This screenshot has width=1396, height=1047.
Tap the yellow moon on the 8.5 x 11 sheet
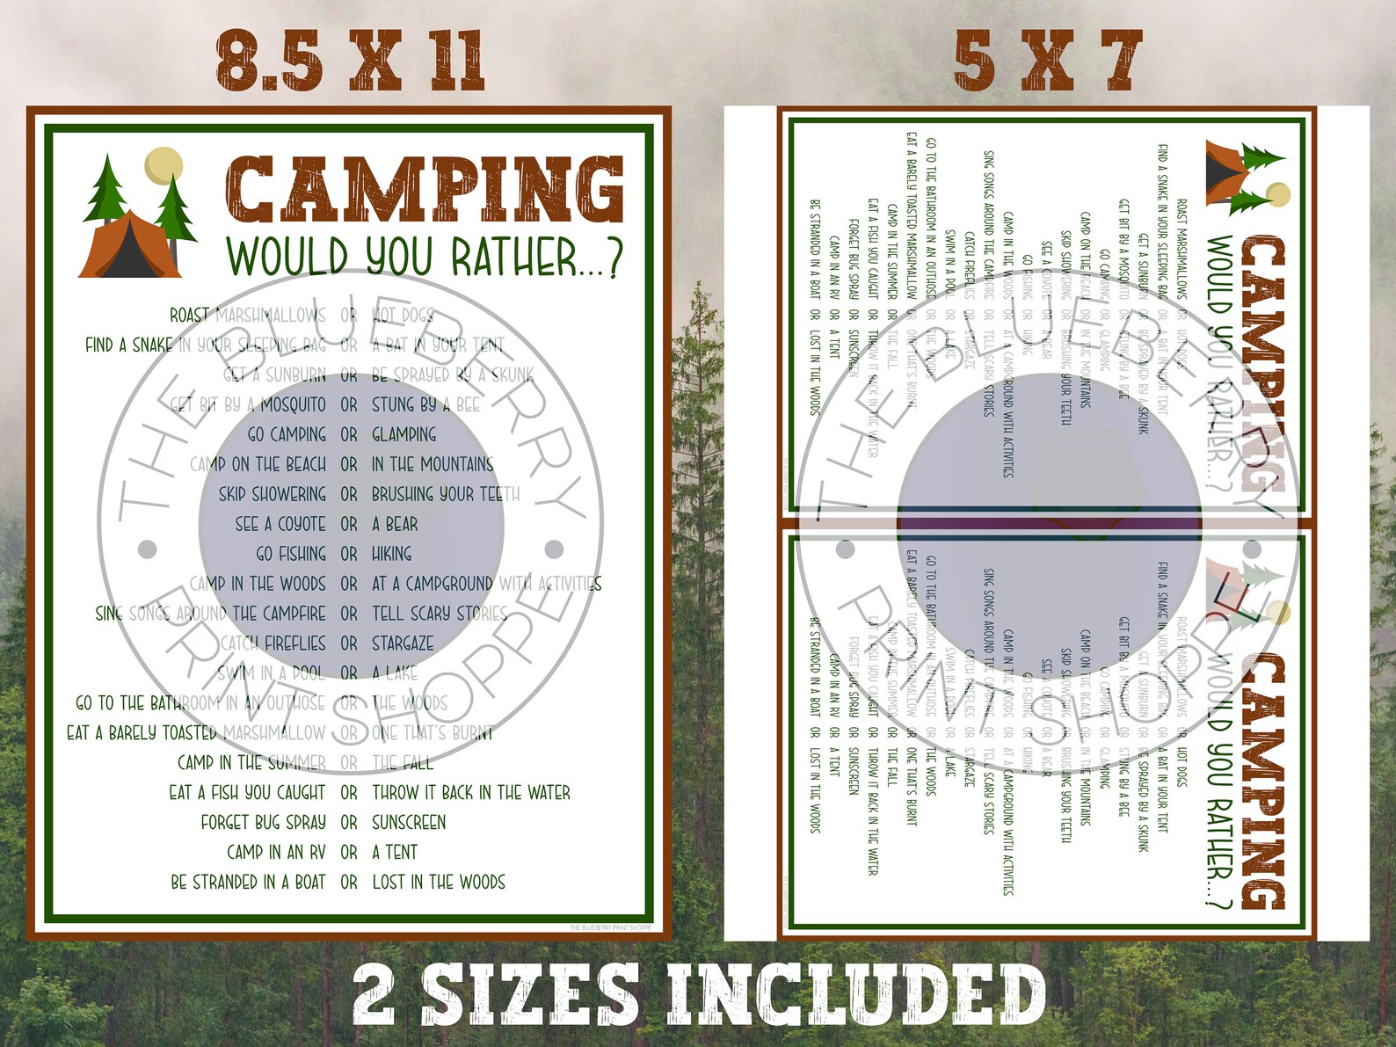point(164,165)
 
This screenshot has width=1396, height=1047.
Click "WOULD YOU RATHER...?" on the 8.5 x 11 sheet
point(425,258)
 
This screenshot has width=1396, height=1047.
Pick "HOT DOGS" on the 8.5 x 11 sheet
point(403,315)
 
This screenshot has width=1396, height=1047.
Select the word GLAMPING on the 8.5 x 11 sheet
point(404,434)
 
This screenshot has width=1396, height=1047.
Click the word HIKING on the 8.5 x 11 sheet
point(391,554)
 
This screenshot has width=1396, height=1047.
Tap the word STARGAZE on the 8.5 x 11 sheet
point(403,643)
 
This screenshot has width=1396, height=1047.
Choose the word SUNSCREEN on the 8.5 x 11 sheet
point(409,823)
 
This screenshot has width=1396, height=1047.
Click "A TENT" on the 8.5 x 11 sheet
point(395,852)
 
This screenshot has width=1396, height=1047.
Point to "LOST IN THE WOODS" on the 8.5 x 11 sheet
point(439,882)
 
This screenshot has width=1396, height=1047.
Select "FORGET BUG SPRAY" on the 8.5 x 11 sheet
point(263,823)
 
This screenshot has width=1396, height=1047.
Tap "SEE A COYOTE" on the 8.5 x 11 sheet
point(280,524)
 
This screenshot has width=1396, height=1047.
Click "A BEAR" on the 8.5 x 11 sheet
point(395,524)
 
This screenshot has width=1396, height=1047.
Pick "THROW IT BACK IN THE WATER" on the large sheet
point(471,793)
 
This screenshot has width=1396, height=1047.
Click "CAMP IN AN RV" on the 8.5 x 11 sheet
point(276,852)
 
